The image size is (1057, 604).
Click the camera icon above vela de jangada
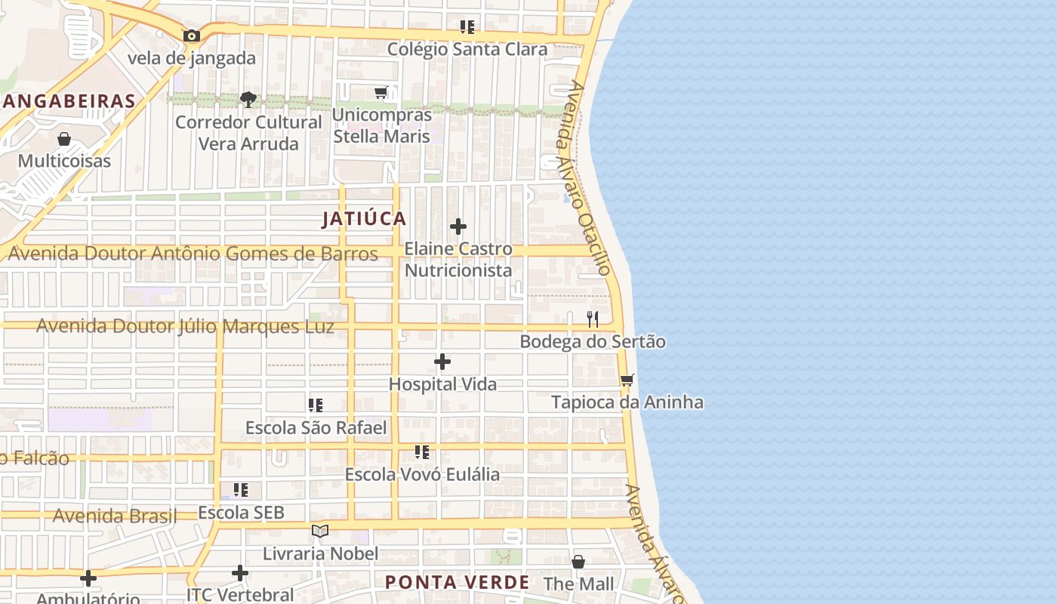coord(192,35)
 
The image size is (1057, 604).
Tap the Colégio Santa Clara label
coord(467,49)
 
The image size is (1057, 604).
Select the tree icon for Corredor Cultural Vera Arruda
coord(248,99)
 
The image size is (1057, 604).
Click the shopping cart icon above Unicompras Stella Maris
coord(381,92)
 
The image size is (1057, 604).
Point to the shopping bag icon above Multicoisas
coord(64,139)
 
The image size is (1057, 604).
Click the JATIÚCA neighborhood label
coord(364,219)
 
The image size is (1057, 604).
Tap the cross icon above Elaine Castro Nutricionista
coord(458,226)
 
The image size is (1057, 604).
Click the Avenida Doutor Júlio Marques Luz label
coord(185,327)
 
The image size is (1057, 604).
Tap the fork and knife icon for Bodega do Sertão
coord(593,319)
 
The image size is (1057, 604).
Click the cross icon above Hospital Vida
coord(442,362)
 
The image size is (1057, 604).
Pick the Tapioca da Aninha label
coord(627,402)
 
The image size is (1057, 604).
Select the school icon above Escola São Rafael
coord(316,406)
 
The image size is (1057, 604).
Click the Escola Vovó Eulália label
coord(422,474)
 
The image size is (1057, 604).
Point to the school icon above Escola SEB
coord(241,491)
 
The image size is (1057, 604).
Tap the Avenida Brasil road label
coord(115,516)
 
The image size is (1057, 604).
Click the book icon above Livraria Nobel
coord(320,532)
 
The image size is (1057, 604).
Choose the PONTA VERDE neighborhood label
coord(457,582)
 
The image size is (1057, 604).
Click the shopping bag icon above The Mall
coord(578,562)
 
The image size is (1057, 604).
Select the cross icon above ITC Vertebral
coord(240,573)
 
